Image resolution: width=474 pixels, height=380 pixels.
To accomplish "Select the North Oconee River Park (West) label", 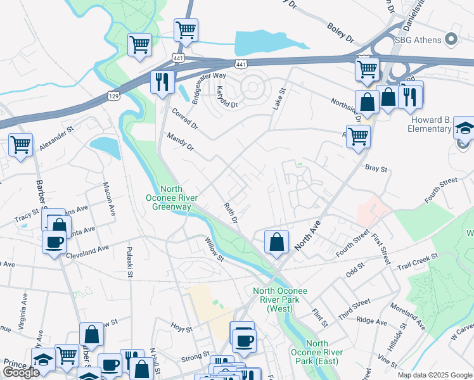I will [280, 300].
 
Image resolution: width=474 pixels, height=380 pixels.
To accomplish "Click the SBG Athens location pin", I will [451, 39].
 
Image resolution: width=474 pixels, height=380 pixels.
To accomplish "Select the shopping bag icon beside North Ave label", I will [276, 242].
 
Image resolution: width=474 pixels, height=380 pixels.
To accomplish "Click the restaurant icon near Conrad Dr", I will [162, 82].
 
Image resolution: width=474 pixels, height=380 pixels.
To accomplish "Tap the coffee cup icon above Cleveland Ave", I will [54, 241].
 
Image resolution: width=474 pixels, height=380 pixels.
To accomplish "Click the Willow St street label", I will [214, 249].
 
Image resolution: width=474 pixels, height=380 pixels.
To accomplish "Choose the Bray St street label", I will [376, 169].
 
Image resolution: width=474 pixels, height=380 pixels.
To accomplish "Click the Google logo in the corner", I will [21, 372].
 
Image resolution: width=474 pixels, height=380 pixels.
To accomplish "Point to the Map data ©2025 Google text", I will [434, 375].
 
